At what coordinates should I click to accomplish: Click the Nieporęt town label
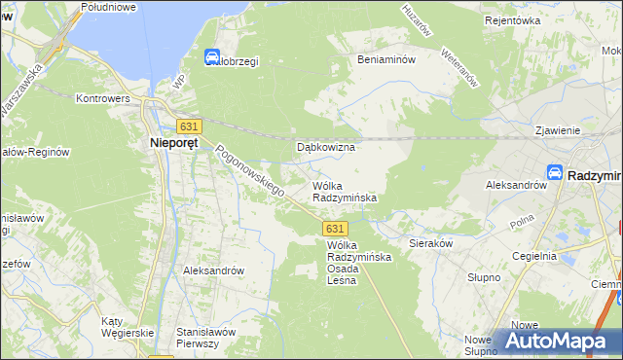pyautogui.click(x=175, y=145)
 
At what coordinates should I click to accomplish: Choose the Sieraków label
pyautogui.click(x=431, y=243)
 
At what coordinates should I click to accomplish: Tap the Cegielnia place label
pyautogui.click(x=534, y=256)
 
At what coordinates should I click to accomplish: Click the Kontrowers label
pyautogui.click(x=104, y=98)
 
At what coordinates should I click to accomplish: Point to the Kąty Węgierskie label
pyautogui.click(x=128, y=327)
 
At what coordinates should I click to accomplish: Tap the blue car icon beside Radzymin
pyautogui.click(x=554, y=172)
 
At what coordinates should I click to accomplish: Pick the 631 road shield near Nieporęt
pyautogui.click(x=190, y=126)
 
